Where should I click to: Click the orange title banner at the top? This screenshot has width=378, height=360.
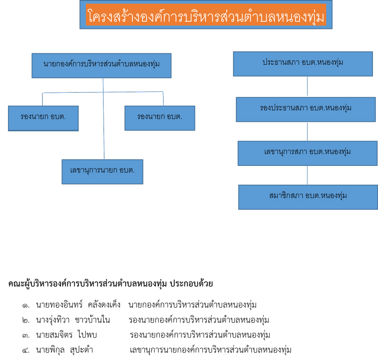(206, 15)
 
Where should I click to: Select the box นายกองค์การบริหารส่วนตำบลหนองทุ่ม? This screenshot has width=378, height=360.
(102, 66)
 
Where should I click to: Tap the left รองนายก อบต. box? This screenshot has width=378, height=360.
(43, 118)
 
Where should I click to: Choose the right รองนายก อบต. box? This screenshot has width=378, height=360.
(160, 118)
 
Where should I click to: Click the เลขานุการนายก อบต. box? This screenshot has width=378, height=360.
(102, 172)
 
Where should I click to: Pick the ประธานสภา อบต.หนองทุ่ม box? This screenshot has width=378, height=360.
(303, 64)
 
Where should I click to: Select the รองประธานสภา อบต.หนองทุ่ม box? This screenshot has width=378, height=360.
(306, 110)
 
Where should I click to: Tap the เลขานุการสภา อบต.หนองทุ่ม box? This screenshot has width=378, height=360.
(307, 153)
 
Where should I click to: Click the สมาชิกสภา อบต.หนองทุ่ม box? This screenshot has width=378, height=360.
(308, 197)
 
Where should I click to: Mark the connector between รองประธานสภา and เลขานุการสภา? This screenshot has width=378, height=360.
(307, 131)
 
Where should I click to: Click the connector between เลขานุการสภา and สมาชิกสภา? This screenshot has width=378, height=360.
(307, 176)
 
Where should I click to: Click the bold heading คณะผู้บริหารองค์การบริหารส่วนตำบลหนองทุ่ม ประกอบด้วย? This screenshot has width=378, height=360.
(110, 284)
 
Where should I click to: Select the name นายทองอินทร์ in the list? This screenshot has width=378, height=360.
(59, 305)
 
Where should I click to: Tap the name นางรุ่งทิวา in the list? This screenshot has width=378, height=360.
(53, 320)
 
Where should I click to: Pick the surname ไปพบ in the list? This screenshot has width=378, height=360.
(87, 335)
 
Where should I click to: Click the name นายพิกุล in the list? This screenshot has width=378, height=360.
(50, 350)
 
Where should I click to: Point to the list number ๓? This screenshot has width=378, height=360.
(26, 335)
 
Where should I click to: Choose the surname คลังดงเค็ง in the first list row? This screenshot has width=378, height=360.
(104, 305)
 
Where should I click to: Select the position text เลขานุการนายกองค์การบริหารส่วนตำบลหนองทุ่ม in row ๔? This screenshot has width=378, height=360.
(210, 350)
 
